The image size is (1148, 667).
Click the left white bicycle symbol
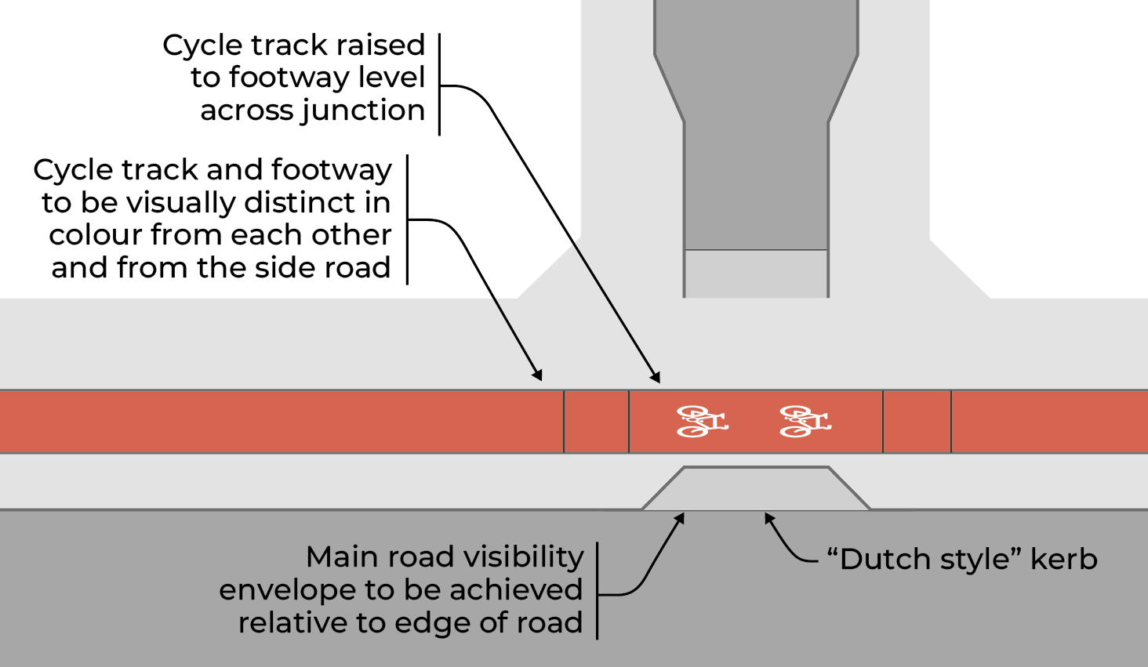[x=702, y=422]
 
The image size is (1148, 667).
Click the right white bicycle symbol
[x=805, y=422]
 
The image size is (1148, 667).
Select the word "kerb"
[x=1063, y=560]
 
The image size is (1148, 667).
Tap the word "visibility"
[x=524, y=557]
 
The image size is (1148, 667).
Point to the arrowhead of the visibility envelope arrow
[x=681, y=518]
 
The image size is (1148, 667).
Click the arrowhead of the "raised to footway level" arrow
[x=656, y=378]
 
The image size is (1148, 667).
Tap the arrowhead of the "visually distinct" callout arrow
[x=538, y=375]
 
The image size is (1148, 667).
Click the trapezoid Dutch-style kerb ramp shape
[x=756, y=489]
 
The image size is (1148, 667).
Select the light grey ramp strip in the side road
[x=756, y=273]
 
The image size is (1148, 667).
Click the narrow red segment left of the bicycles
[x=596, y=422]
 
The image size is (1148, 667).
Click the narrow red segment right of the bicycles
[x=917, y=422]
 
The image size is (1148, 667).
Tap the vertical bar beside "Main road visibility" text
[x=598, y=590]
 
